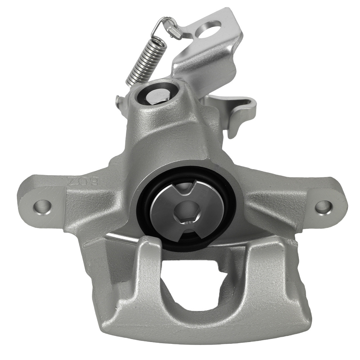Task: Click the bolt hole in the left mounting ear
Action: pos(43,207)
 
